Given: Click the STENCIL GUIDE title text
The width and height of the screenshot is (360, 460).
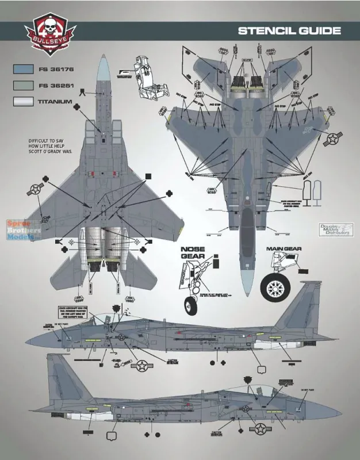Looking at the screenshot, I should click(290, 30).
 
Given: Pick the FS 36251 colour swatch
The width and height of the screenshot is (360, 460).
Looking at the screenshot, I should click(22, 86).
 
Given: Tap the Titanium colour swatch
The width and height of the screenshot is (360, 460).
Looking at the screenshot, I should click(22, 102).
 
